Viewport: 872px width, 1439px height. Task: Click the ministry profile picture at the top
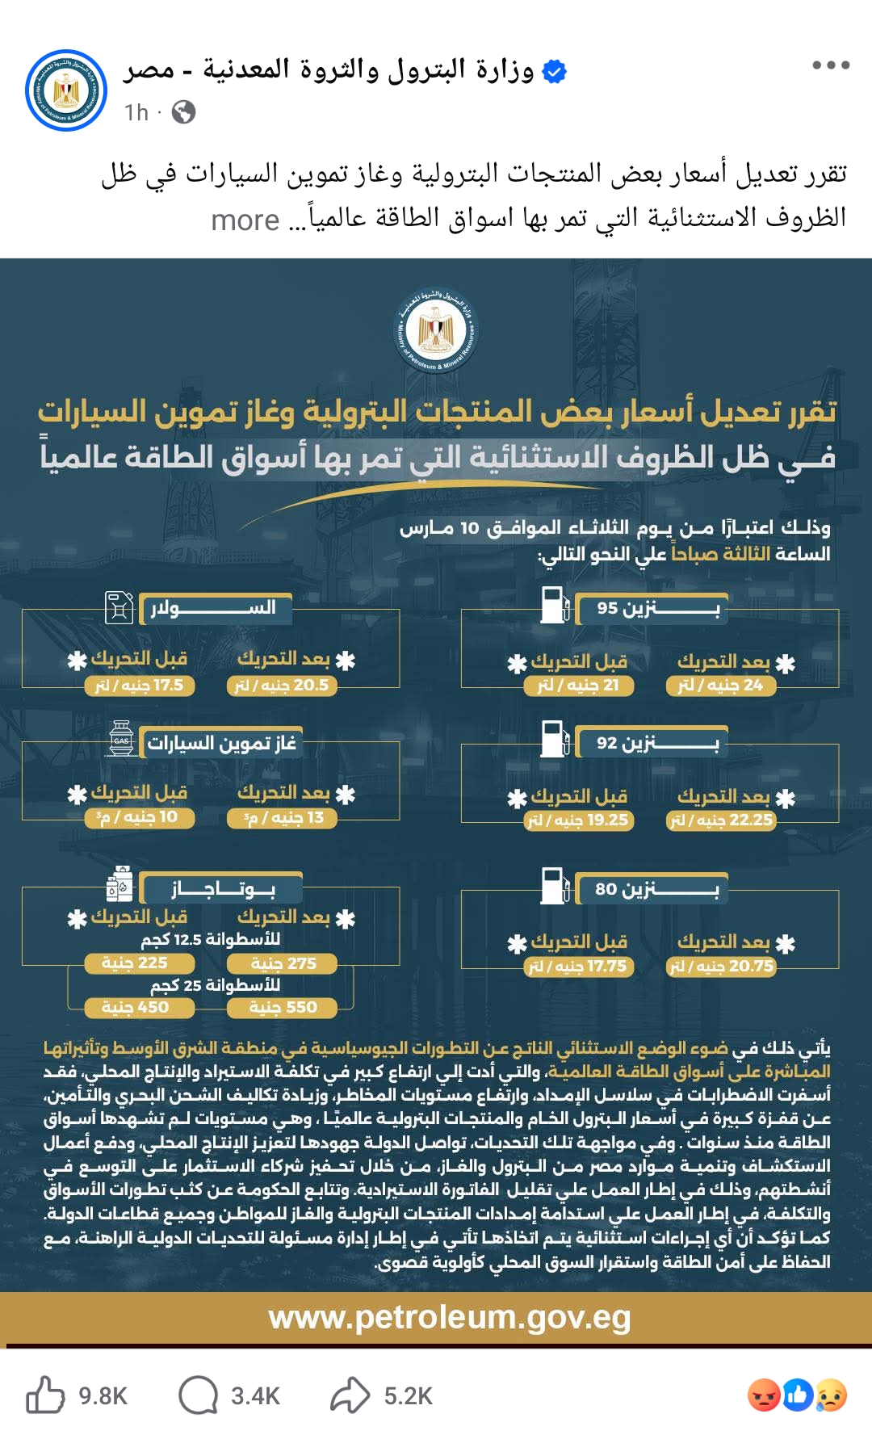point(66,90)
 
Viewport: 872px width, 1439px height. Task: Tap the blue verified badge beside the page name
point(554,71)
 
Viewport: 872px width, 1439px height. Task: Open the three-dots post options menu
point(831,65)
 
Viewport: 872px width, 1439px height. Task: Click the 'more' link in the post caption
point(245,220)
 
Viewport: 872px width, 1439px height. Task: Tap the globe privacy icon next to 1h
point(184,112)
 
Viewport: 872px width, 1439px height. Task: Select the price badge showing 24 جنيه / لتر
point(721,686)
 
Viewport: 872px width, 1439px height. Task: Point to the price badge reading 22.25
point(721,820)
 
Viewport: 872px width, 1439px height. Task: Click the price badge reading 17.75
point(579,967)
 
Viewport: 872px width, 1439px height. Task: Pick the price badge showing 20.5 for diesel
point(282,686)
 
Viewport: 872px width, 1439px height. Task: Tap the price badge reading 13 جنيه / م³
point(282,818)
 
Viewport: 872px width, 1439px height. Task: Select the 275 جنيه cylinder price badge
point(283,963)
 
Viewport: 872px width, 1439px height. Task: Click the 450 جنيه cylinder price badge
point(140,1007)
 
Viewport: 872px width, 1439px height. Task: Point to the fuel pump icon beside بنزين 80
point(555,886)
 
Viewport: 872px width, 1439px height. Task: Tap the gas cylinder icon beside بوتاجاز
point(120,885)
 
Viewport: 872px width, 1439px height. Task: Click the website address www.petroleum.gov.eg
point(450,1318)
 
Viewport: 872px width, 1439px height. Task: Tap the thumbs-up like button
point(45,1395)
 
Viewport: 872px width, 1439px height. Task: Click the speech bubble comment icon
point(198,1395)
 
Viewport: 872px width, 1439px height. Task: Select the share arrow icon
point(350,1395)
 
